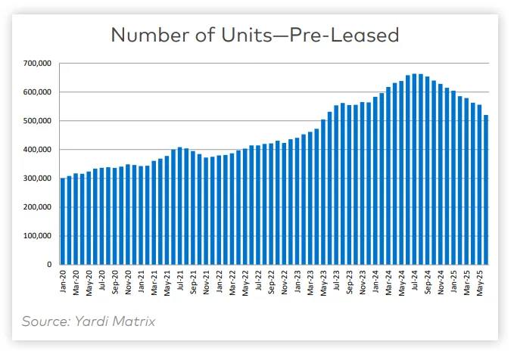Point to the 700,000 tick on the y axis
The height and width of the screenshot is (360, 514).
click(38, 64)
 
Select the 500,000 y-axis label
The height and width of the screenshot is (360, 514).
click(38, 121)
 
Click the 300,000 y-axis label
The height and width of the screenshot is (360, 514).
click(38, 178)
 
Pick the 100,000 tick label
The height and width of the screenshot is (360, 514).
click(38, 236)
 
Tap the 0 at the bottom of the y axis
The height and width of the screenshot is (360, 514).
click(48, 265)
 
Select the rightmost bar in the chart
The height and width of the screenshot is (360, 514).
click(485, 190)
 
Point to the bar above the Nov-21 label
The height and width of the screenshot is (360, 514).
click(205, 211)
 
